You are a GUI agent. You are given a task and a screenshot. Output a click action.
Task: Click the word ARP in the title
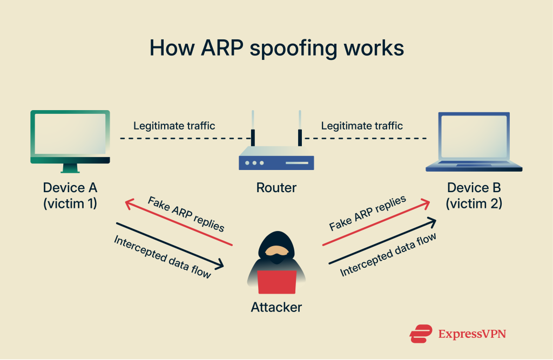(222, 47)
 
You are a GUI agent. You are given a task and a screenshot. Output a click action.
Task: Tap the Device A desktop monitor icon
(70, 141)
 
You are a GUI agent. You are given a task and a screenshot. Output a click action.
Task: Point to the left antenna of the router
(253, 128)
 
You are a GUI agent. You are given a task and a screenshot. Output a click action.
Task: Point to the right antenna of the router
(300, 128)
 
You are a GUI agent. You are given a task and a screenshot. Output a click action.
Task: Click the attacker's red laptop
(277, 282)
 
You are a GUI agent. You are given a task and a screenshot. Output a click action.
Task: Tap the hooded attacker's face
(277, 250)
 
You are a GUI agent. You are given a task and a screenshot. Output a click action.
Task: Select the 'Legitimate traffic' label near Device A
(174, 126)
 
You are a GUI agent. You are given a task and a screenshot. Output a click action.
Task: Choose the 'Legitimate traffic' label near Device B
(362, 126)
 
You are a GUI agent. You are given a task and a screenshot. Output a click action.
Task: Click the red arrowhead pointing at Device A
(130, 203)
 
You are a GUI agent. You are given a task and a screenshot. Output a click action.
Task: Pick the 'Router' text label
(276, 188)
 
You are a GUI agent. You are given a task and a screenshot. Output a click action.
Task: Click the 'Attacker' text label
(276, 308)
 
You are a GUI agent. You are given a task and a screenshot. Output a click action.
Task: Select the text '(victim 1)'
(70, 204)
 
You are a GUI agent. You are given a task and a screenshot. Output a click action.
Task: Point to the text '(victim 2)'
(474, 204)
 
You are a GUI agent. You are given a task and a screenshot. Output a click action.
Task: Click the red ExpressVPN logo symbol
(421, 334)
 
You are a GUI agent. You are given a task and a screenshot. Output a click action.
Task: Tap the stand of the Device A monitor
(70, 168)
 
